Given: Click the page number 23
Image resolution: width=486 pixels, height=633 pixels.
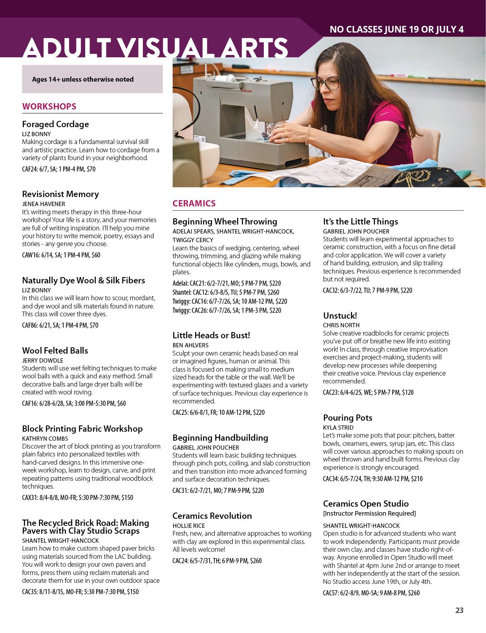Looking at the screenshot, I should point(459,610).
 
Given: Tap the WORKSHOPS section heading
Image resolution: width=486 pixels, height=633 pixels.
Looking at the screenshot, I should point(49,106).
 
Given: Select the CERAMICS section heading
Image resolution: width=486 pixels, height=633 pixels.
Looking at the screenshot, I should point(194,203).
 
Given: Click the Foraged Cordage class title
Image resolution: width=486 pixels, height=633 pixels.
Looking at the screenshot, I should point(55,124).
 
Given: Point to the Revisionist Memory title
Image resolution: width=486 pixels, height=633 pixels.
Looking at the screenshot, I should point(60,194).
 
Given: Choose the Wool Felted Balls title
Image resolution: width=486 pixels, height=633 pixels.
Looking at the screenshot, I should point(55,350).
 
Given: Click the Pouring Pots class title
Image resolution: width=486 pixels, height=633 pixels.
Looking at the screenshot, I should point(347,418).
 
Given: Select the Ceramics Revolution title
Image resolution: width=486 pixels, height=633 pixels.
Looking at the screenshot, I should point(212,516).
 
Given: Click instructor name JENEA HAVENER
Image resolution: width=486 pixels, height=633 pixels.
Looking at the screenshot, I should point(44,204).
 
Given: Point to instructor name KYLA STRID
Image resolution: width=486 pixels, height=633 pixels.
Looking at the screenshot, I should point(338,427).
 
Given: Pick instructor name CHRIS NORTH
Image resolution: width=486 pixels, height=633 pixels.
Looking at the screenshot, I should point(341,325).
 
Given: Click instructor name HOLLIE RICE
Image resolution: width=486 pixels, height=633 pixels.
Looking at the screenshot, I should point(189,525).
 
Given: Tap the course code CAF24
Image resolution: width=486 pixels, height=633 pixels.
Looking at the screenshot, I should point(29,170).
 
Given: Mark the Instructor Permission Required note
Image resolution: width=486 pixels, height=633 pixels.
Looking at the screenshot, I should point(369,513).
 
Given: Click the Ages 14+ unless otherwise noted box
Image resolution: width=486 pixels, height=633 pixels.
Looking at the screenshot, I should point(92,79).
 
